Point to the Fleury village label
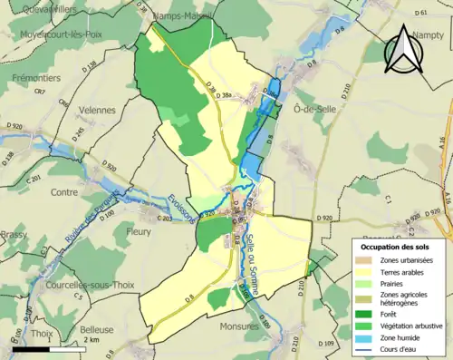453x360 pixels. pyautogui.click(x=139, y=231)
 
